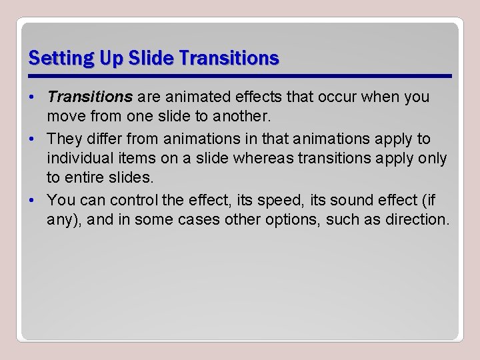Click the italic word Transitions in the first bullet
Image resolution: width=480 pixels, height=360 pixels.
tap(90, 97)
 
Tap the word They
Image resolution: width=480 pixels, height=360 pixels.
tap(64, 139)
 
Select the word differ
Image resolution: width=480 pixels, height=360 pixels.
tap(101, 139)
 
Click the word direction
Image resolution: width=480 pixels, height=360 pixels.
tap(417, 219)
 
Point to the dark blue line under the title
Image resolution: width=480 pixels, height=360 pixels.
tap(240, 75)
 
